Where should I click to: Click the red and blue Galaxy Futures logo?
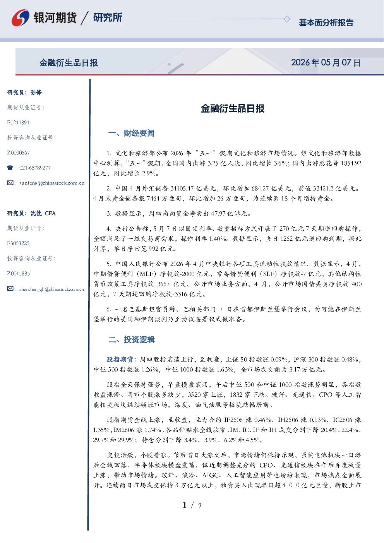tap(21, 18)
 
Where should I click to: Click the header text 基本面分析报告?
tap(326, 22)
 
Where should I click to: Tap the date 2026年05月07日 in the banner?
tap(326, 63)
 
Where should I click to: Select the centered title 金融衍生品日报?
tap(233, 108)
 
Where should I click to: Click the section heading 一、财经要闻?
tap(131, 133)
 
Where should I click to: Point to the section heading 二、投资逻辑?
tap(131, 340)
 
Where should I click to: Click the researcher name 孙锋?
tap(36, 92)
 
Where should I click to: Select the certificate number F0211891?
tap(18, 122)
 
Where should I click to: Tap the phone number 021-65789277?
tap(35, 168)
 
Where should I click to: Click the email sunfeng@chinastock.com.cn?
tap(52, 183)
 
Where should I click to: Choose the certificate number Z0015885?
tap(19, 274)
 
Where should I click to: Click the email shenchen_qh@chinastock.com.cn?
tap(51, 289)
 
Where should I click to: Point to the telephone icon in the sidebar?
tap(10, 168)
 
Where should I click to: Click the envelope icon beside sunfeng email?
tap(10, 183)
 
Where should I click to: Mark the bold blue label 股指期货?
tap(122, 359)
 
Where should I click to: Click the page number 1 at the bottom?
tap(185, 505)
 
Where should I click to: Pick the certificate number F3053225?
tap(18, 243)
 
